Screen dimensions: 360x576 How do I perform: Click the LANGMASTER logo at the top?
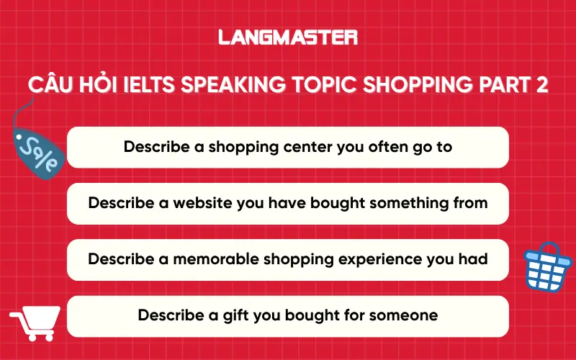(x=288, y=37)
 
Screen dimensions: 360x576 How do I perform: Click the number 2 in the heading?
(x=541, y=85)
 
